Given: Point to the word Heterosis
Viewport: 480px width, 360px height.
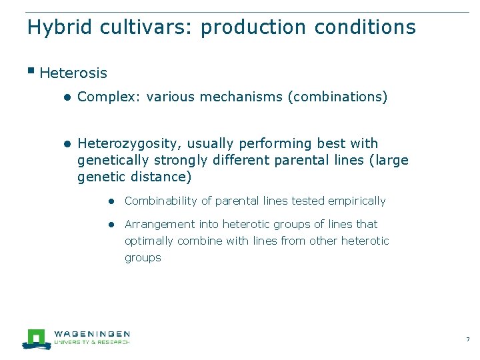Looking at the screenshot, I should (x=73, y=73).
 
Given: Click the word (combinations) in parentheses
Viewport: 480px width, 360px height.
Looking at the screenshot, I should (x=337, y=97).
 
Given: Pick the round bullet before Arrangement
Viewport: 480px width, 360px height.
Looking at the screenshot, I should (x=115, y=225).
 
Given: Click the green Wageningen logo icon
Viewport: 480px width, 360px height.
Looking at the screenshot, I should (x=36, y=339).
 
